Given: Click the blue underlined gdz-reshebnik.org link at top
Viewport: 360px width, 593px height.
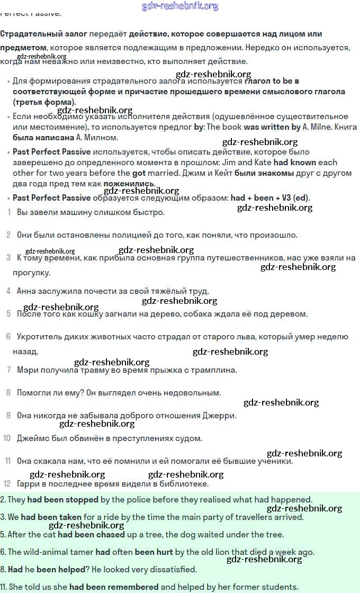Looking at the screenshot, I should click(x=180, y=6).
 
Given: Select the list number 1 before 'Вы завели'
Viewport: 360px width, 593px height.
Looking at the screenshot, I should click(x=9, y=212).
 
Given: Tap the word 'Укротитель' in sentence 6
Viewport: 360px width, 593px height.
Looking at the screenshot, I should click(x=38, y=337).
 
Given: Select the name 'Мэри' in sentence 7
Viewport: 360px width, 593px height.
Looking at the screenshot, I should click(x=28, y=370).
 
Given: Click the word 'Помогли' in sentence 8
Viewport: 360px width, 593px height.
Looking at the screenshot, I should click(x=33, y=393).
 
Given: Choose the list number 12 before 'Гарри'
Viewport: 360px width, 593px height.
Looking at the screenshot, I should click(x=7, y=483).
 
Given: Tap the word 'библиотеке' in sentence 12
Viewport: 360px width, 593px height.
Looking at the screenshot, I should click(x=184, y=484).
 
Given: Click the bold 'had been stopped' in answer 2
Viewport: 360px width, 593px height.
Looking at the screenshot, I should click(x=63, y=500).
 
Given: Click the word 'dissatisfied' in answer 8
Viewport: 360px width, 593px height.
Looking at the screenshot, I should click(x=173, y=570).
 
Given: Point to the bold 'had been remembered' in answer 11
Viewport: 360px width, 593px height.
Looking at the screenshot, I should click(x=114, y=587).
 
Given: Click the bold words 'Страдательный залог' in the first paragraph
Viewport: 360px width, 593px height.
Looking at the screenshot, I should click(x=43, y=34).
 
